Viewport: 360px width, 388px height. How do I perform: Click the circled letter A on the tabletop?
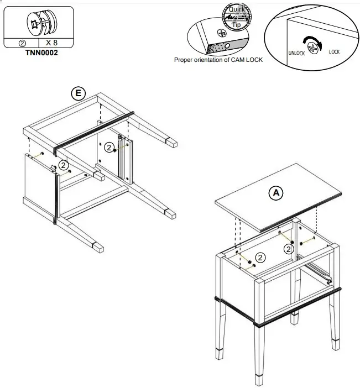[275, 192]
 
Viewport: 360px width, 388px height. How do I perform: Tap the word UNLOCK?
[296, 53]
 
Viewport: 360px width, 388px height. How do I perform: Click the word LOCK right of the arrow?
[335, 52]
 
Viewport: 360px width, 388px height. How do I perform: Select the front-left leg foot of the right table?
[258, 380]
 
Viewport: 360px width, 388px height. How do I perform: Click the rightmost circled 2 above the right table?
[288, 249]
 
